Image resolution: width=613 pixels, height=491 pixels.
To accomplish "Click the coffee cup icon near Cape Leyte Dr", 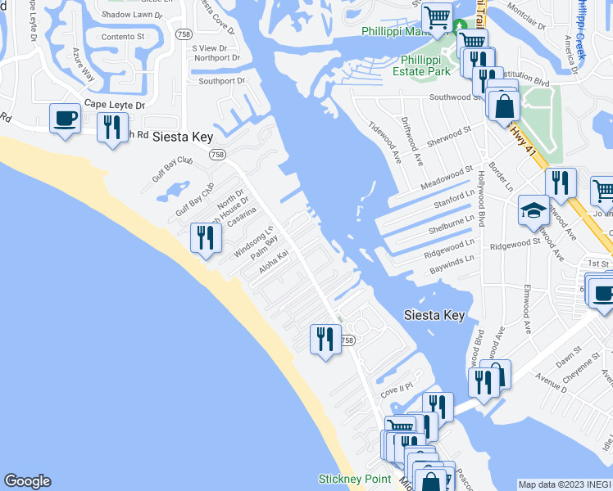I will click(x=65, y=118).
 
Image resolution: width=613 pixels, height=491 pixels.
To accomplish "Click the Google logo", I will click(x=27, y=481).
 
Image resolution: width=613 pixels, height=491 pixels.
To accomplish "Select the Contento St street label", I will click(x=122, y=36).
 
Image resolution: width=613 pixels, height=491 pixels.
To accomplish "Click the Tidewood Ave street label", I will click(x=384, y=140).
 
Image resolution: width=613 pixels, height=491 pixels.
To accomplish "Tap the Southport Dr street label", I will click(x=221, y=80).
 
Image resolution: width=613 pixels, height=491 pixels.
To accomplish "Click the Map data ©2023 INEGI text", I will click(x=565, y=484).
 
